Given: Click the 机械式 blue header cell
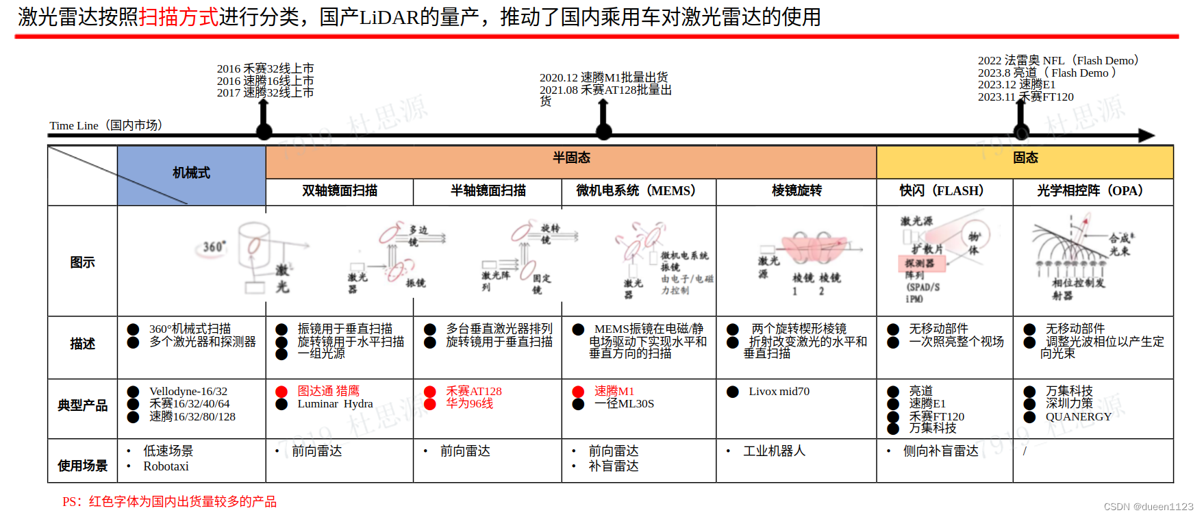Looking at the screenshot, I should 191,173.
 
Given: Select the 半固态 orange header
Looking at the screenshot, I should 571,158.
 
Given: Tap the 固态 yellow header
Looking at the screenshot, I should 1025,158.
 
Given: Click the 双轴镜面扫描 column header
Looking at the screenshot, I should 340,191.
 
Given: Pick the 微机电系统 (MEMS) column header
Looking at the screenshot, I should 637,191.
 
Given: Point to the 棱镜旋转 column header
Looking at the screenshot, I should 797,191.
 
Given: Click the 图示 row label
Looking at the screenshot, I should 82,262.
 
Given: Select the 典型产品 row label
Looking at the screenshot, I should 82,405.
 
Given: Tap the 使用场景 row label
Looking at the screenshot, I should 82,466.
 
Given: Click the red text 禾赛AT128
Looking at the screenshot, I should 473,392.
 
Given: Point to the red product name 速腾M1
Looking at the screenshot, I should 614,392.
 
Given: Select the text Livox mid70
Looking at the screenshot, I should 779,392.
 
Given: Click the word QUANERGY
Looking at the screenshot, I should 1078,416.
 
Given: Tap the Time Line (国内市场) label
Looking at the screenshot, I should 105,125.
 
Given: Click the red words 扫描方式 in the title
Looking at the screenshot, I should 179,17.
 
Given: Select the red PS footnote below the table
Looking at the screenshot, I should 170,502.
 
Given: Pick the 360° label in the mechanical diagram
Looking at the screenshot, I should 214,247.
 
